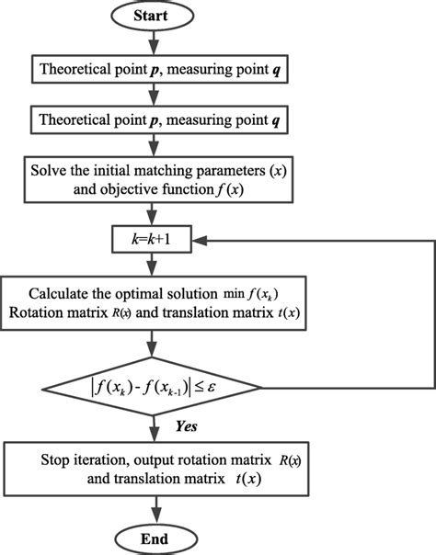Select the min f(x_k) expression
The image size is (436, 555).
(239, 295)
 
